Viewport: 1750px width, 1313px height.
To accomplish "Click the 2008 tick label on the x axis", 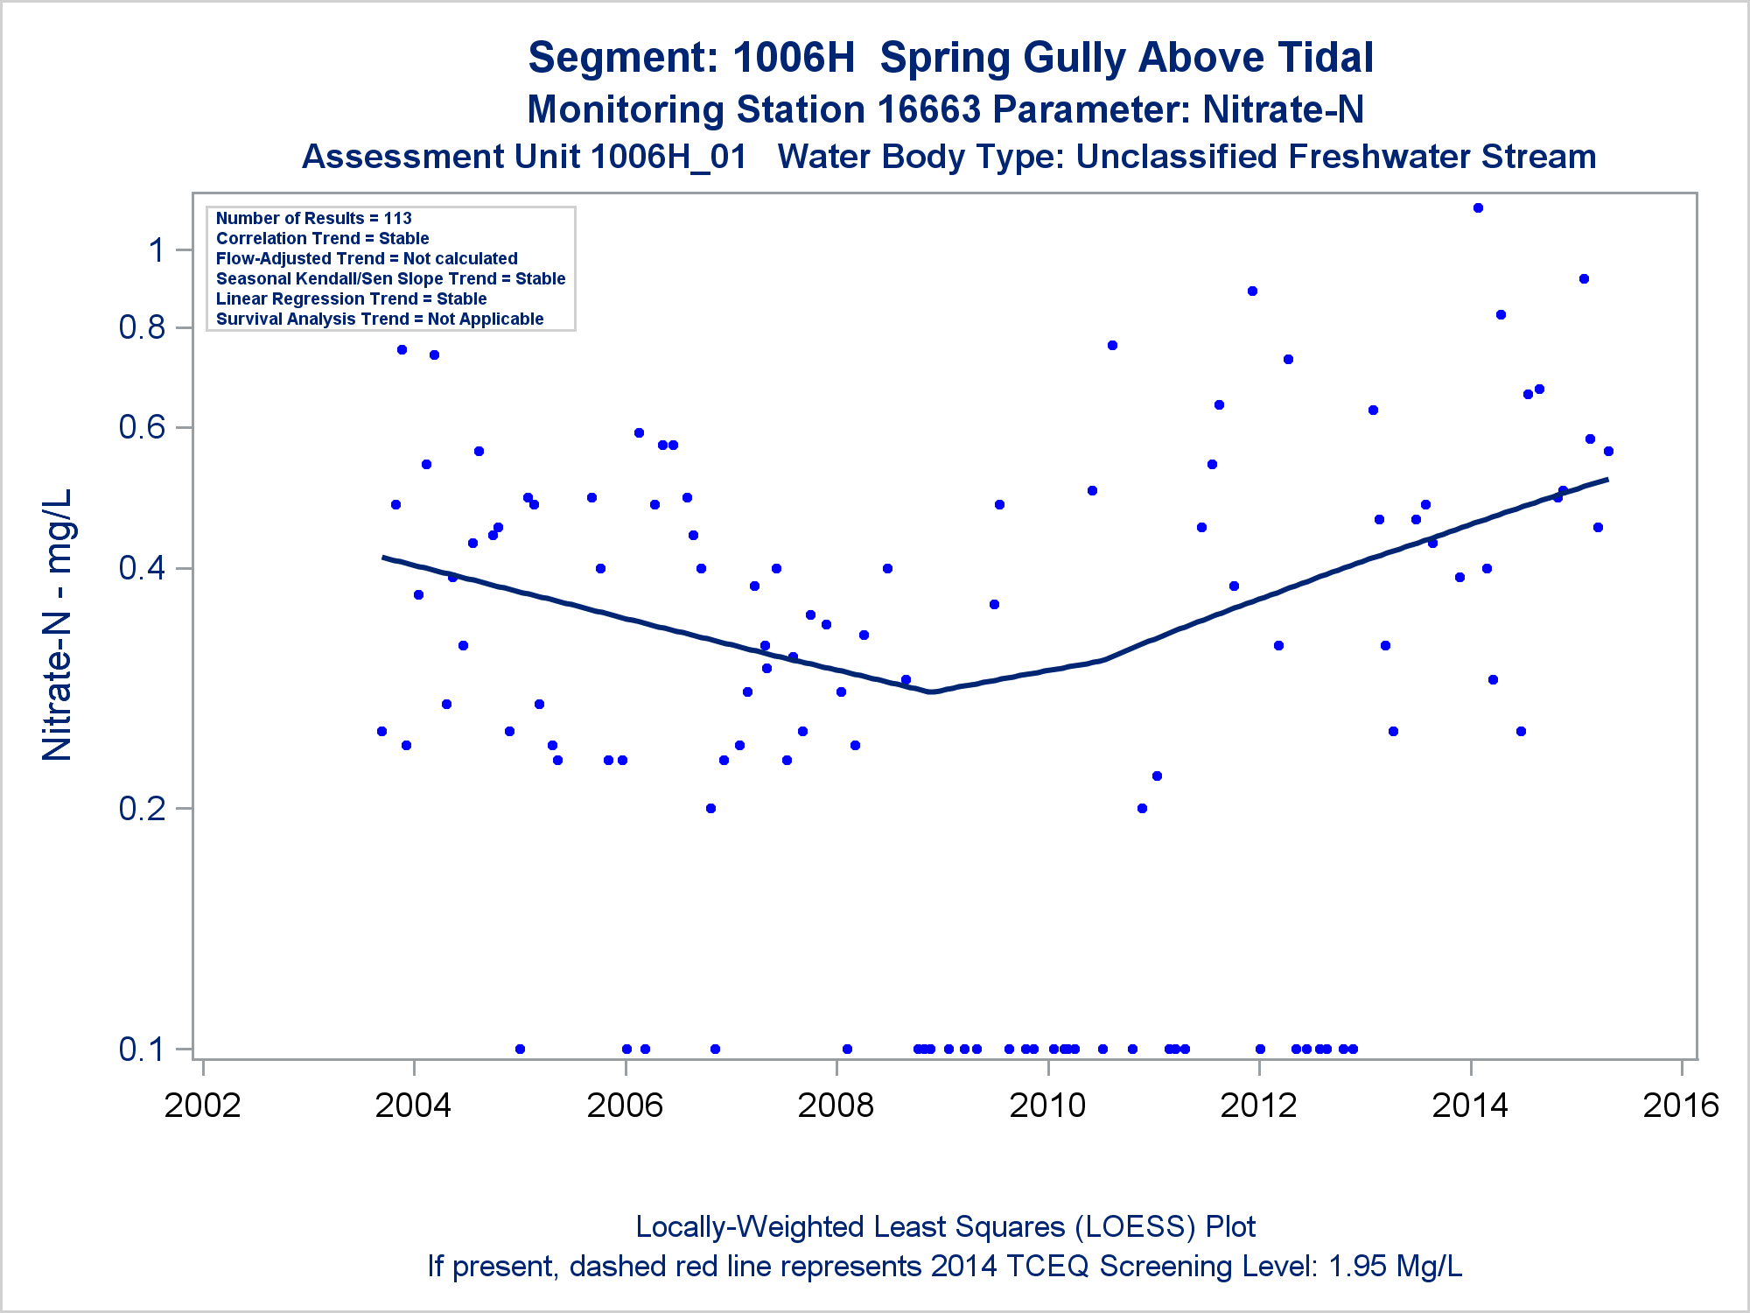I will (836, 1106).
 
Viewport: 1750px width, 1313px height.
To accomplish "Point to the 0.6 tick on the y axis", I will (142, 427).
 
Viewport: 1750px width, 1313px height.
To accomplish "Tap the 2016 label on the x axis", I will (1681, 1106).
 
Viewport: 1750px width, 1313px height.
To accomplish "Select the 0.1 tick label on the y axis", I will (142, 1049).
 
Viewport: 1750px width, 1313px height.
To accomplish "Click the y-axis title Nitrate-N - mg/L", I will (58, 624).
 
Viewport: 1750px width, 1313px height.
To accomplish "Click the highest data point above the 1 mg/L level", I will (1478, 208).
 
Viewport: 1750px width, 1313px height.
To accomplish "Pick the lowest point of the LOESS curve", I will (933, 692).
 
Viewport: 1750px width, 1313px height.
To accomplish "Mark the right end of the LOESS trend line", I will (1607, 480).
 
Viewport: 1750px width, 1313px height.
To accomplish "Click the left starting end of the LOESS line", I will (383, 558).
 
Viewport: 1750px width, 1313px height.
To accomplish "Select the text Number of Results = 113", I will (313, 219).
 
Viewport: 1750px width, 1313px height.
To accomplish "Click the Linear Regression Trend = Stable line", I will (351, 299).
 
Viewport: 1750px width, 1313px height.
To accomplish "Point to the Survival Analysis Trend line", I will (380, 319).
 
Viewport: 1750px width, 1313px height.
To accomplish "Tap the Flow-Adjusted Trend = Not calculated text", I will (367, 259).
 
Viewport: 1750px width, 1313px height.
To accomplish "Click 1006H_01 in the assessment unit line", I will (668, 158).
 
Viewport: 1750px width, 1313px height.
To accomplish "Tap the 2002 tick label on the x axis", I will (202, 1106).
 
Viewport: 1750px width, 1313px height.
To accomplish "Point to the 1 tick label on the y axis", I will (157, 251).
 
